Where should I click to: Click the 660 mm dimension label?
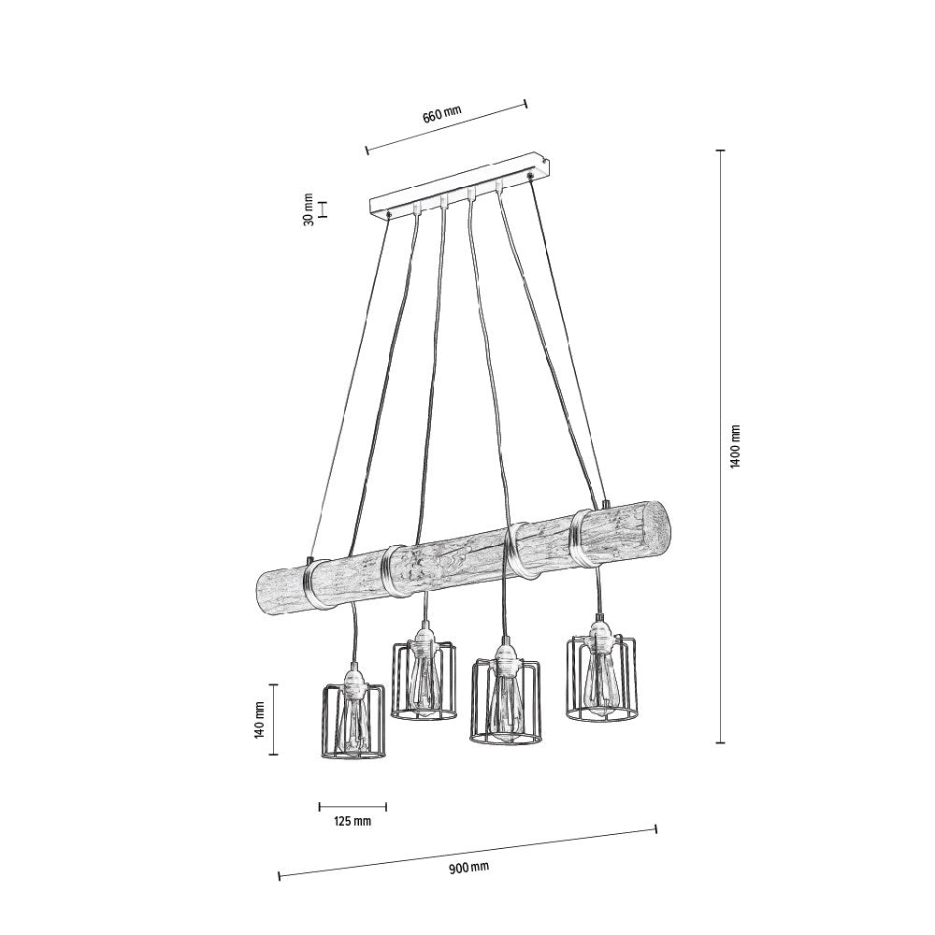442,116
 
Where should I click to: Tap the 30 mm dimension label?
309,209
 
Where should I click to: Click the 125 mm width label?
352,821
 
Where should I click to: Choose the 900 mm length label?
467,867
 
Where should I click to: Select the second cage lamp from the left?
423,681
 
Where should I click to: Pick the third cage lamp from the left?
506,703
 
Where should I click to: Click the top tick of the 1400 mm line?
720,150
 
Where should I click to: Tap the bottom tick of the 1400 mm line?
720,743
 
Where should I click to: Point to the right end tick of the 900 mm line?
655,827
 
